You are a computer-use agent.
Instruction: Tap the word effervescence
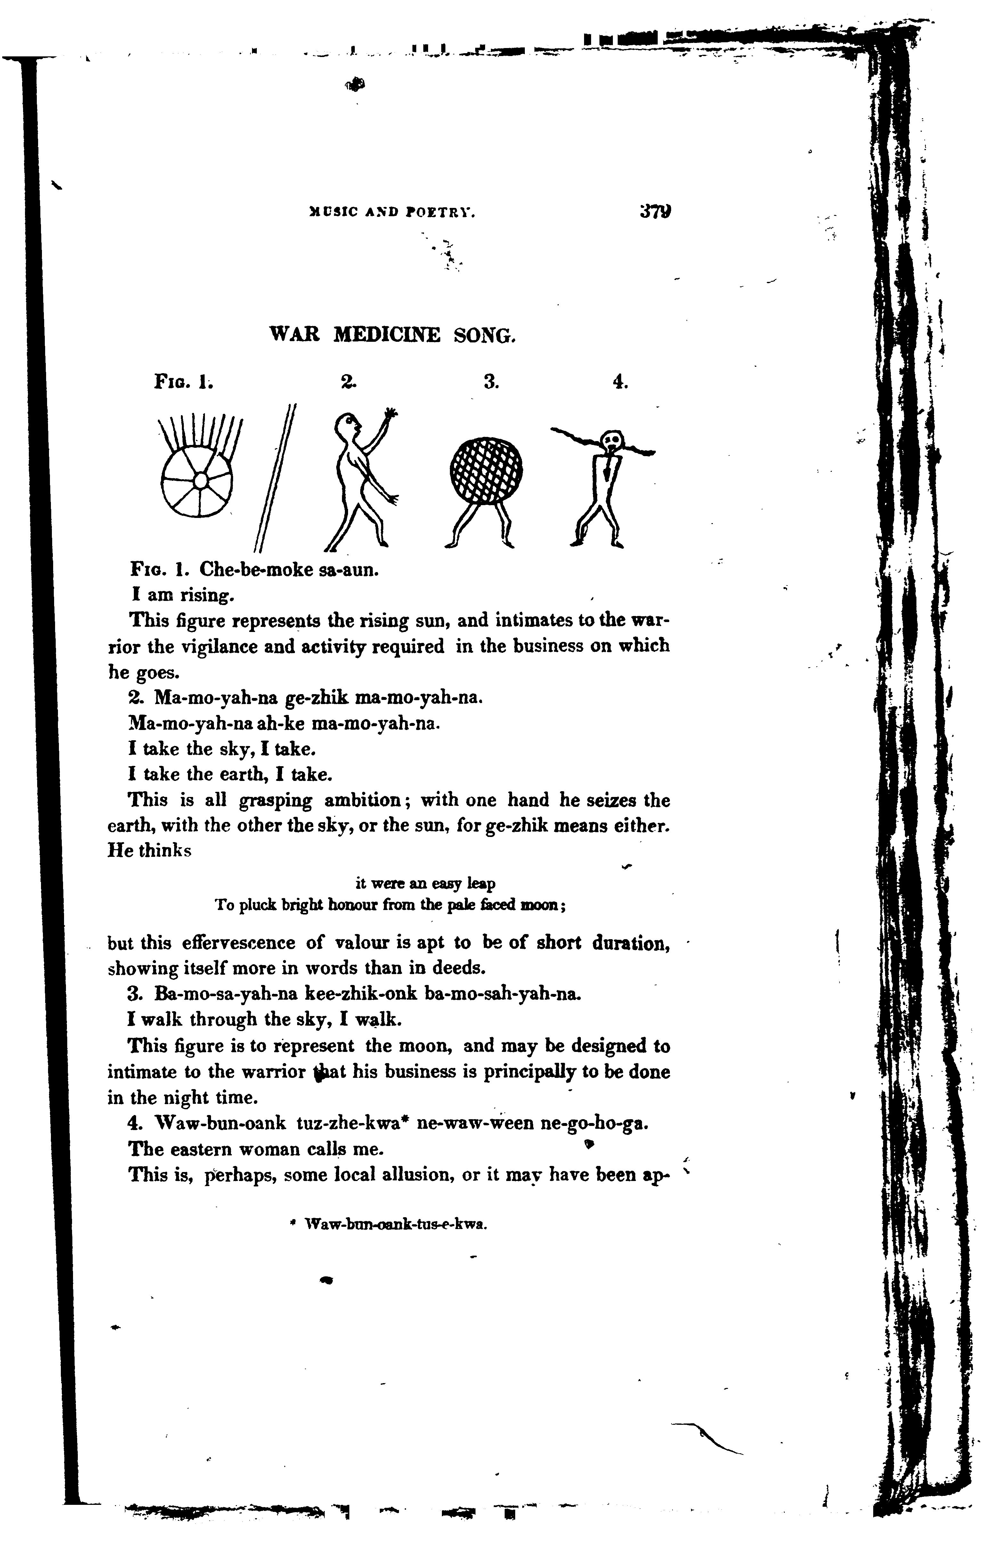point(238,943)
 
